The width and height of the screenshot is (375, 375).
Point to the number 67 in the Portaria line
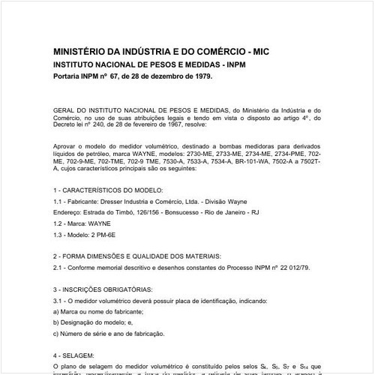pos(114,76)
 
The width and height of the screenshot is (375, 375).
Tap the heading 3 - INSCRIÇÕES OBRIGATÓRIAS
pos(106,288)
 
